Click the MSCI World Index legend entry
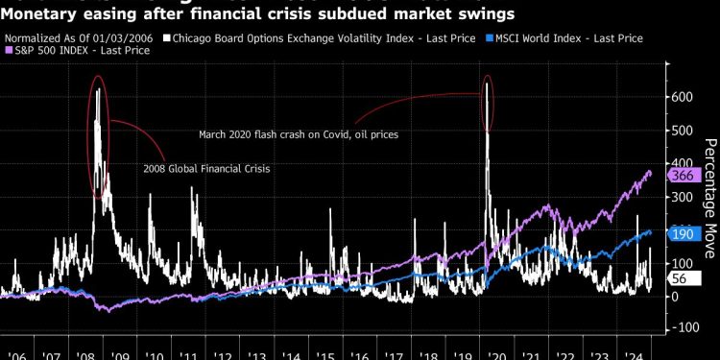click(576, 37)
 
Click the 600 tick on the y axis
click(682, 97)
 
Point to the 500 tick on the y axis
click(682, 131)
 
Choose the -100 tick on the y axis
click(684, 328)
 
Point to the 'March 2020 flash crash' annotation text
click(299, 134)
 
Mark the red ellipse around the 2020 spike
click(489, 104)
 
